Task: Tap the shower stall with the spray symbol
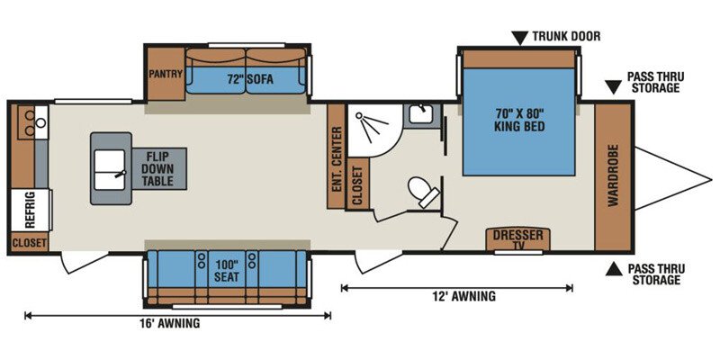point(374,130)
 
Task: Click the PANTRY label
point(166,74)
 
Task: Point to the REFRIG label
point(31,211)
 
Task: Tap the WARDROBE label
point(614,175)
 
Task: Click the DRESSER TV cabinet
point(518,239)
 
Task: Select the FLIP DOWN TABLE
point(159,168)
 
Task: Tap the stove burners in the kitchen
point(28,122)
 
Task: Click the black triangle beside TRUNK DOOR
point(520,38)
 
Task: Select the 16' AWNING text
point(170,323)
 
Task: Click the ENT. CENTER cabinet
point(336,156)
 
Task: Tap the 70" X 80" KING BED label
point(520,119)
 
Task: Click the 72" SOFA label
point(250,79)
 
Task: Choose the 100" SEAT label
point(227,272)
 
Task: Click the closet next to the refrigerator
point(30,242)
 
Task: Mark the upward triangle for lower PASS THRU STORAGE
point(614,269)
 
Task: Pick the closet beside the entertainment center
point(357,184)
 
